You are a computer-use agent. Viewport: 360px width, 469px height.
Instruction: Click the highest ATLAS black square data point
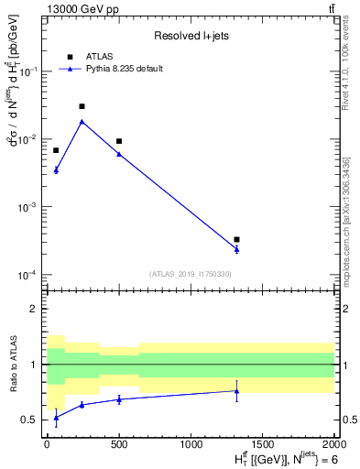(82, 106)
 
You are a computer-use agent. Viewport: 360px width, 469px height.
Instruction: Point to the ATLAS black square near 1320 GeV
(236, 240)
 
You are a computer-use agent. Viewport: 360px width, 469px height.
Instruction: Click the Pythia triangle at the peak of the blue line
(82, 121)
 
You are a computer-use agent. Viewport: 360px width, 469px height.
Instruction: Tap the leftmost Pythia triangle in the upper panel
(56, 169)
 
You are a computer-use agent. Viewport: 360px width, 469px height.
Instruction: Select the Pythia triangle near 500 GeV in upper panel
(118, 154)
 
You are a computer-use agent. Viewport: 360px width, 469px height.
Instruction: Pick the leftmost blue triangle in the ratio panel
(56, 418)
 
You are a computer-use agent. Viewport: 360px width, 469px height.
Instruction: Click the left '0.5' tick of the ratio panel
(31, 420)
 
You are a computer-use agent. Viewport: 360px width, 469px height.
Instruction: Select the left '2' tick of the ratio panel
(36, 309)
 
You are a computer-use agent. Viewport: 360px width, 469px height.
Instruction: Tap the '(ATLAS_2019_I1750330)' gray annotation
(190, 274)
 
